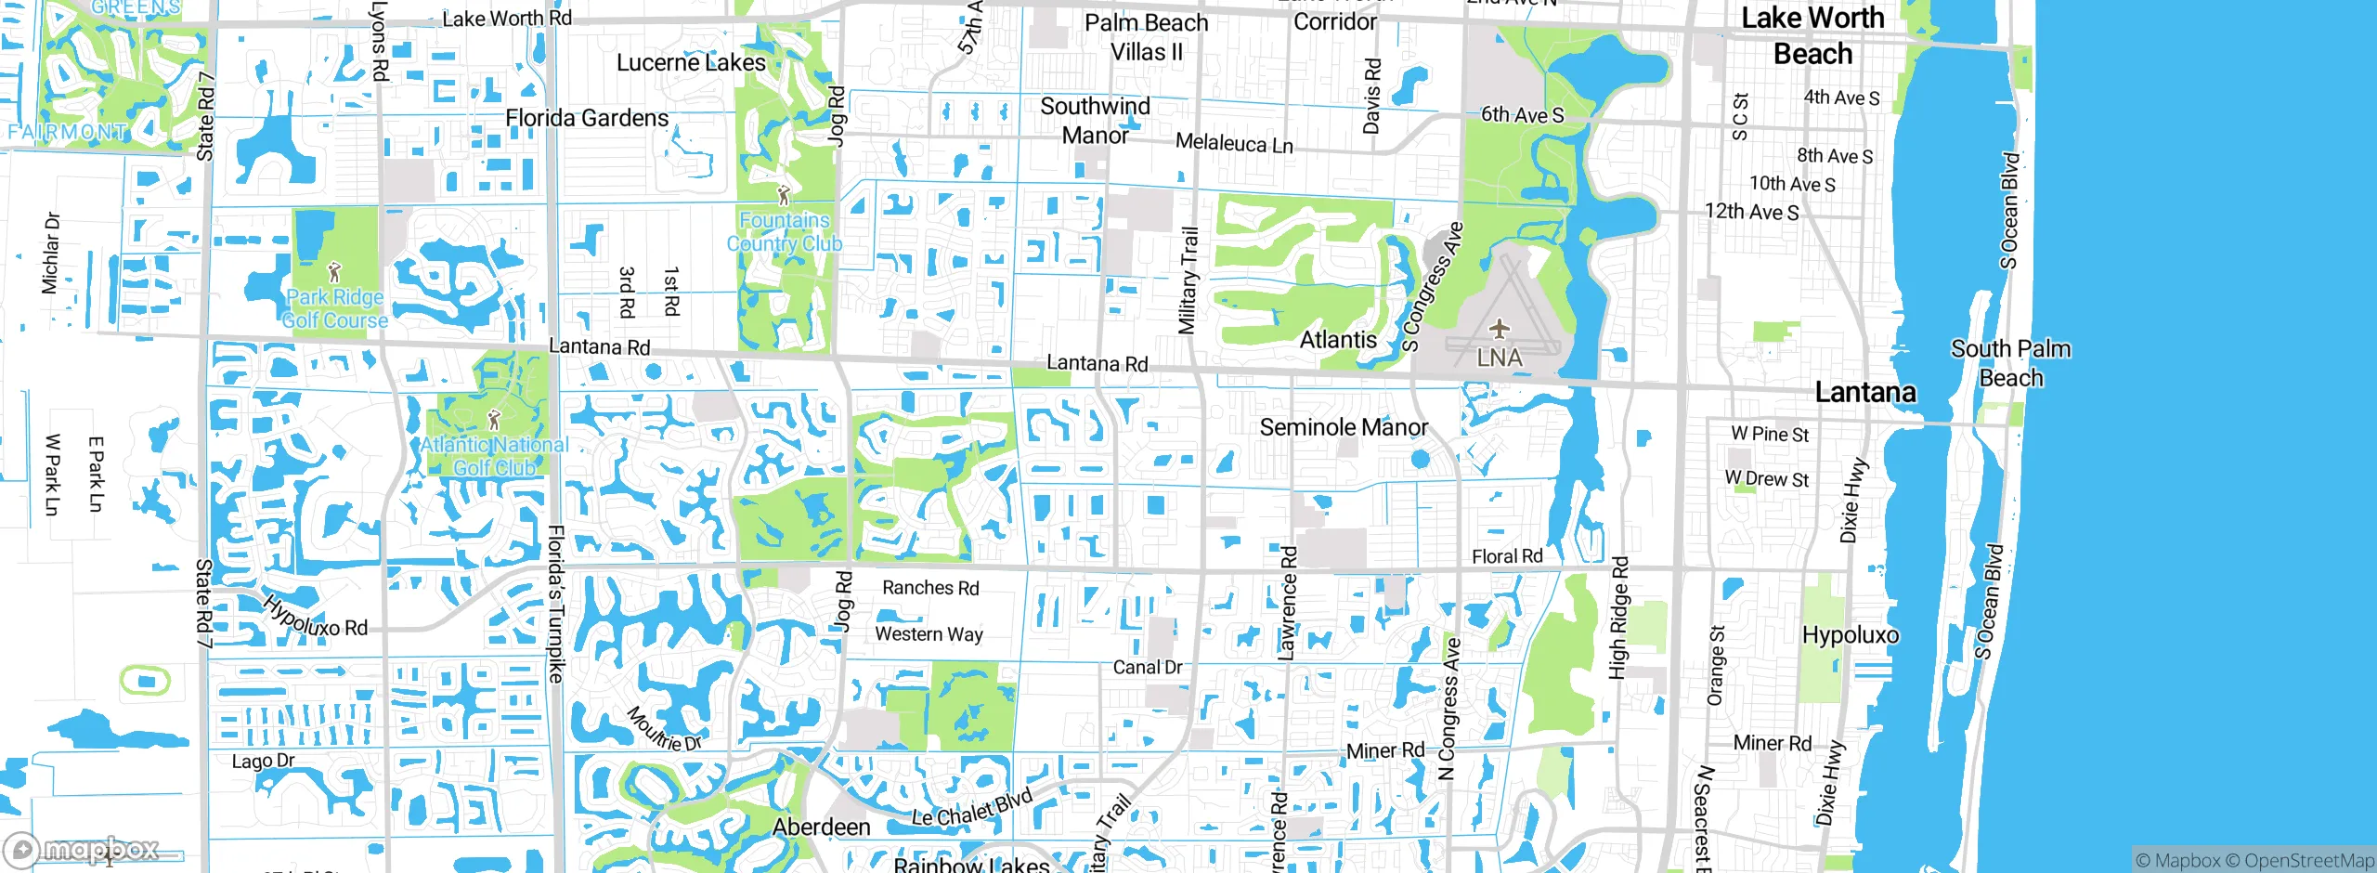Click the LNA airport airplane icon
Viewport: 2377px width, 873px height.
coord(1499,329)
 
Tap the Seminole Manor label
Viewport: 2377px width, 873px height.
coord(1344,427)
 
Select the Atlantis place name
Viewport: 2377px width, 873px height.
coord(1338,340)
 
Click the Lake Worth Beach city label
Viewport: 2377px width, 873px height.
coord(1812,35)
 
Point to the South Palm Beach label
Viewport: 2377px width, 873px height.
coord(2010,363)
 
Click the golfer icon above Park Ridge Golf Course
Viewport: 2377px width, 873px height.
coord(334,273)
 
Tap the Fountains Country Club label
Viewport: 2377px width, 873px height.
coord(785,232)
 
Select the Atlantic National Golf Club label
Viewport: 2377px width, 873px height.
coord(494,456)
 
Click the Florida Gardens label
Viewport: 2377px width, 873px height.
coord(587,118)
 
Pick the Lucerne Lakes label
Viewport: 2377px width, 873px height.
coord(691,62)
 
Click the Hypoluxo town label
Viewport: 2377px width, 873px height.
coord(1850,635)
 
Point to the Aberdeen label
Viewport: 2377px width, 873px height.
coord(822,827)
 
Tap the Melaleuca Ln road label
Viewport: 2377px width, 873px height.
coord(1234,143)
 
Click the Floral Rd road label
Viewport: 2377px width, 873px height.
coord(1507,556)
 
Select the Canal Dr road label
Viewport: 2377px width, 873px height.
coord(1148,667)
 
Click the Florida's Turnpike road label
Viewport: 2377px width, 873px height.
coord(555,604)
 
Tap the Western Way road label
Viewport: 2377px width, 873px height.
coord(929,634)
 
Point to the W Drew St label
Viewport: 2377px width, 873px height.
coord(1767,479)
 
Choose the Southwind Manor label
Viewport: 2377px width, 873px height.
coord(1095,121)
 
